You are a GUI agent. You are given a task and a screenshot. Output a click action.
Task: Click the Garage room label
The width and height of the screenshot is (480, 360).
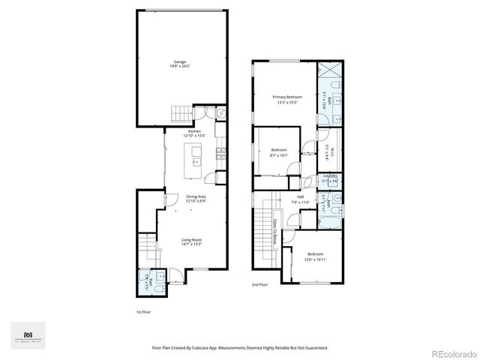180,64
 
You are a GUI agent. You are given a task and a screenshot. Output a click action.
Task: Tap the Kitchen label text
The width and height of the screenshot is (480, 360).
194,132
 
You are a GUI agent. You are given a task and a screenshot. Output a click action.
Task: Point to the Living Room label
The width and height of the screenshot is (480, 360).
192,241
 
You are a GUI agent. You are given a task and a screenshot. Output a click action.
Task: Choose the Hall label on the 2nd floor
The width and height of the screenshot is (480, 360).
299,200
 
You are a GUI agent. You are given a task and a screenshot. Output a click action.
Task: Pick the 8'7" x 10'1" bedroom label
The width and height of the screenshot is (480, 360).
279,152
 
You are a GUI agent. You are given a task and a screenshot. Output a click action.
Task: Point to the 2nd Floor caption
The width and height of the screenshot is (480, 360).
259,285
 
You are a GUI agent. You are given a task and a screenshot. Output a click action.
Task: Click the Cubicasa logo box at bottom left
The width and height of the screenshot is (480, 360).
28,334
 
